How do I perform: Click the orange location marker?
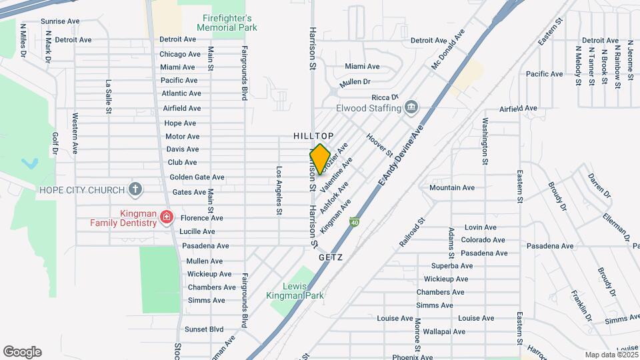[320, 159]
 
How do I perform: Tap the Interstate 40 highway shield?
[355, 222]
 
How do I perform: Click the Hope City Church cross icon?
[135, 189]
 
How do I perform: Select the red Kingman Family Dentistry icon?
[166, 218]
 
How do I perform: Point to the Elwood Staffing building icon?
[411, 107]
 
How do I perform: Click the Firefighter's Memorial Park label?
[227, 23]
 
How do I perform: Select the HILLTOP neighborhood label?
[313, 136]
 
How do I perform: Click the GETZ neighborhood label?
[331, 256]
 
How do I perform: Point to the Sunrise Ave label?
[60, 21]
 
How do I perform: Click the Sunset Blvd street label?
[203, 329]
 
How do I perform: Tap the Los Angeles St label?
[279, 191]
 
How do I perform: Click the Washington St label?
[485, 141]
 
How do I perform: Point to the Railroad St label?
[412, 233]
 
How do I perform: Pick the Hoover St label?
[380, 145]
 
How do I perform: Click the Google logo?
[22, 352]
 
